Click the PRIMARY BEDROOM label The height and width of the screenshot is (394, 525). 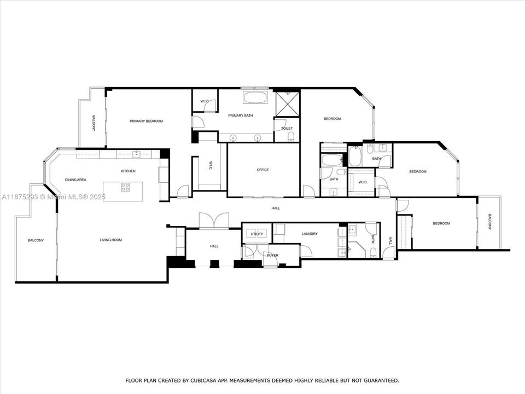click(x=146, y=121)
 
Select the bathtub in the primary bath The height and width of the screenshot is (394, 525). click(x=255, y=99)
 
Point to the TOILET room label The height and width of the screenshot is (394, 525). click(x=287, y=129)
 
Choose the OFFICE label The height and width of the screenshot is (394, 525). click(x=262, y=170)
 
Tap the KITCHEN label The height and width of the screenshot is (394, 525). click(x=128, y=171)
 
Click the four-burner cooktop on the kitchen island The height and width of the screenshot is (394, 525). click(x=125, y=187)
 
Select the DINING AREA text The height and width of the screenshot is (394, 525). click(x=75, y=179)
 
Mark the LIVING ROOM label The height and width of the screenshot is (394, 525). click(x=110, y=240)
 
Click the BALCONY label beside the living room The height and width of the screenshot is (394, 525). click(x=36, y=240)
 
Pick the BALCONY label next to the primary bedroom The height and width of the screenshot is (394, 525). click(x=94, y=123)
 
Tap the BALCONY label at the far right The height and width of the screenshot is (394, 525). click(x=489, y=222)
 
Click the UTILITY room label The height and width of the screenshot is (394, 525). click(x=257, y=234)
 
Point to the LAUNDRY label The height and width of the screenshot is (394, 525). click(x=309, y=234)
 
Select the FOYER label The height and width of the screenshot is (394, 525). click(x=272, y=255)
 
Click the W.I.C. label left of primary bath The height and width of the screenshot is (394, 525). click(x=205, y=101)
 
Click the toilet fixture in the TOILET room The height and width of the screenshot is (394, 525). click(x=291, y=136)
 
